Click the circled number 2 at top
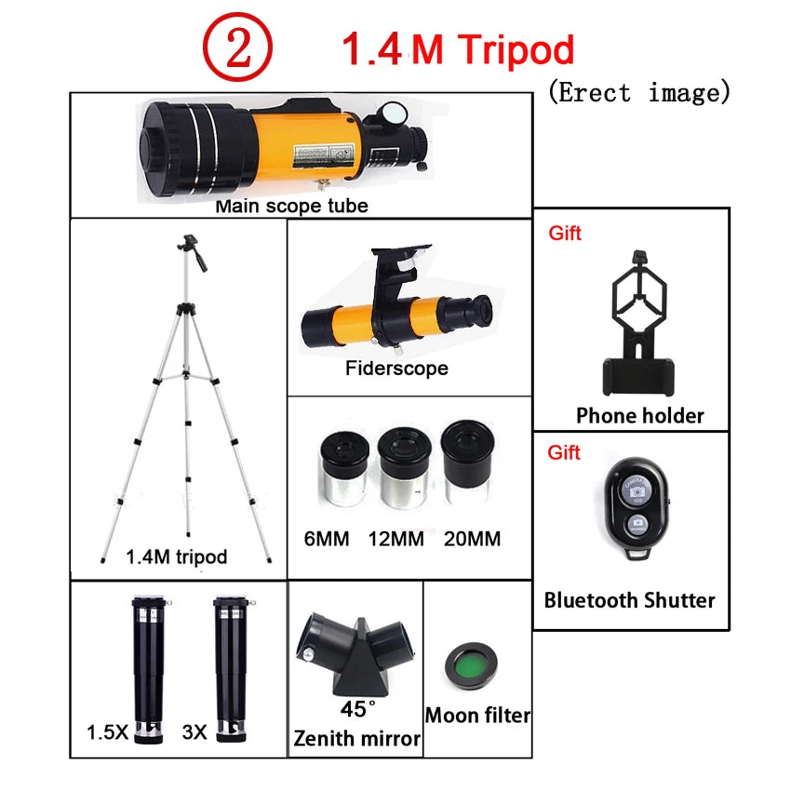[239, 49]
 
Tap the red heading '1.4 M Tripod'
[458, 49]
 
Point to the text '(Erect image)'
[637, 92]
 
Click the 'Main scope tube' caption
[291, 206]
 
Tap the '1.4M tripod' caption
[176, 557]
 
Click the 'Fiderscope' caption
[396, 369]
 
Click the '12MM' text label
[397, 539]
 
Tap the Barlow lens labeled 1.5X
[146, 665]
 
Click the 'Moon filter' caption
[477, 716]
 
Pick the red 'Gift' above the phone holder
[565, 234]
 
